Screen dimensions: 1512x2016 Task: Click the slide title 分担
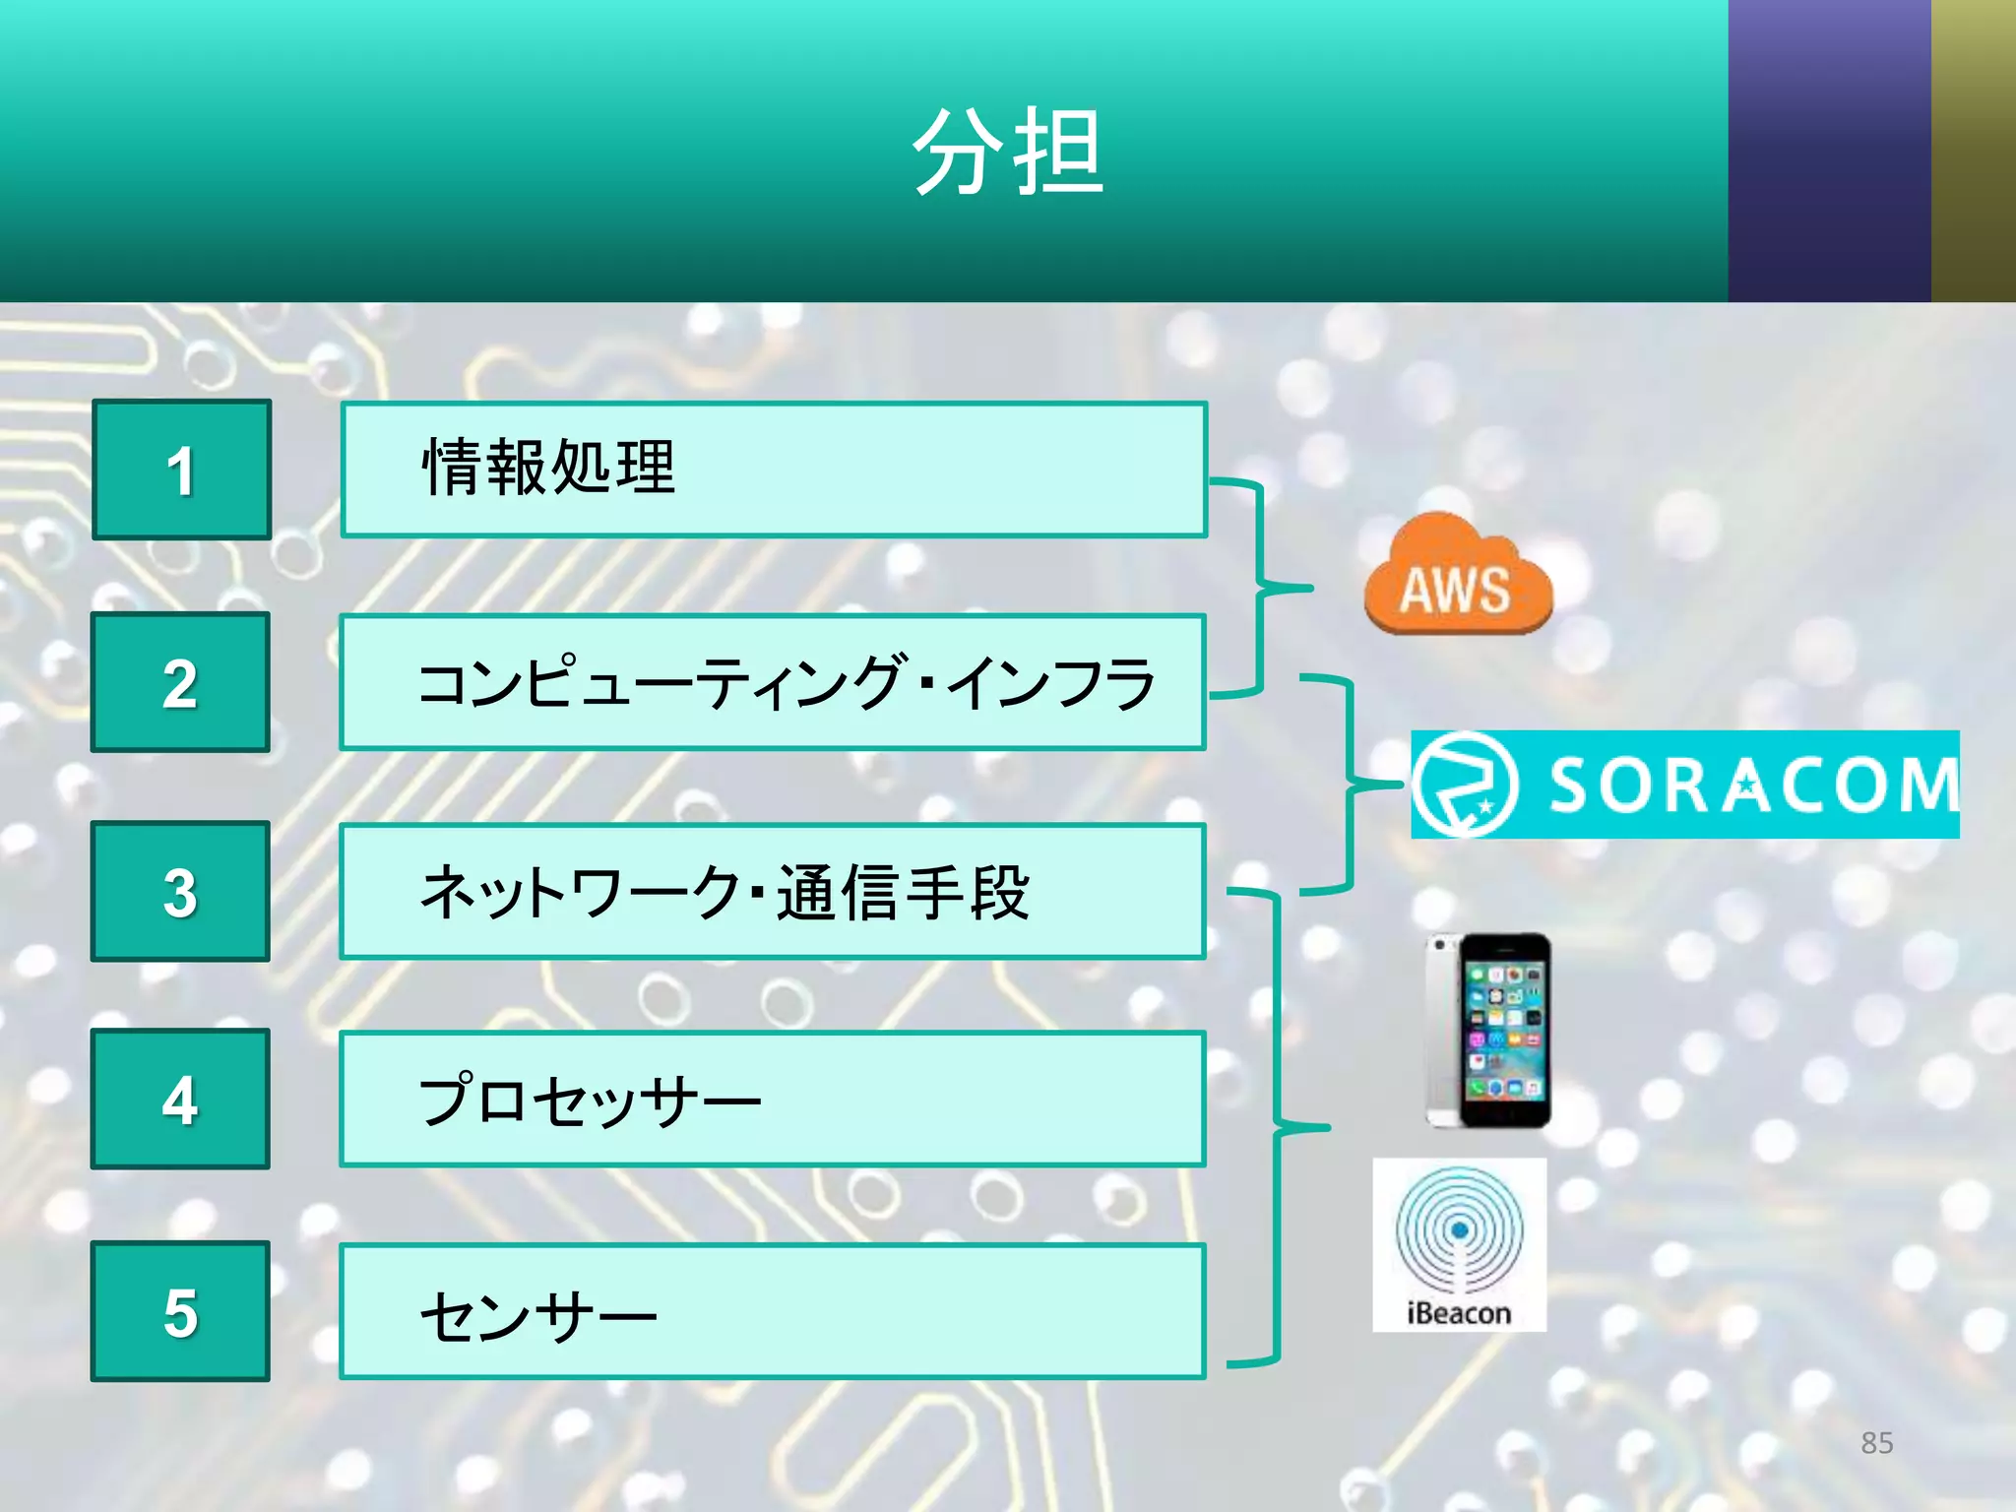coord(1008,153)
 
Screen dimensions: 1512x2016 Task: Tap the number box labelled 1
coord(181,470)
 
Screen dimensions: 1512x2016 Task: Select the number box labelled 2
coord(180,682)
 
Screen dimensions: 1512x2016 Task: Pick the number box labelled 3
coord(180,892)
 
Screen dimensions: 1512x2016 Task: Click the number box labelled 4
coord(180,1100)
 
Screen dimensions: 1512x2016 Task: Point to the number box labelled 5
coord(180,1311)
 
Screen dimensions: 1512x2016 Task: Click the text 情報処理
coord(548,468)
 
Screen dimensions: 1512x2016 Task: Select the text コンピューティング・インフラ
coord(786,682)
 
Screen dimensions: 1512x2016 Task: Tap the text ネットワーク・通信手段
coord(724,892)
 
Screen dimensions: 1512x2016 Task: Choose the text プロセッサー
coord(590,1100)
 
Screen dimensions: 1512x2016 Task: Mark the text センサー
coord(537,1315)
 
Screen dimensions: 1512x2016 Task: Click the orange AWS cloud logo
coord(1457,576)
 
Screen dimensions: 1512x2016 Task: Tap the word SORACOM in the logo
coord(1752,786)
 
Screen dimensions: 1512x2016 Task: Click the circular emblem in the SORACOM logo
coord(1465,785)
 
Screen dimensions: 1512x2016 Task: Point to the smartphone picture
coord(1488,1031)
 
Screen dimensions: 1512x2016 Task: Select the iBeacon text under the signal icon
coord(1459,1313)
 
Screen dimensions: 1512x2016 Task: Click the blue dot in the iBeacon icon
coord(1460,1230)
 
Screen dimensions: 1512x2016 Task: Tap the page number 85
coord(1876,1443)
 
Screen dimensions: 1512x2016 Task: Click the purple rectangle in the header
coord(1829,151)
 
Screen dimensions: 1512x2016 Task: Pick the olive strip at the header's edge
coord(1974,151)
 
